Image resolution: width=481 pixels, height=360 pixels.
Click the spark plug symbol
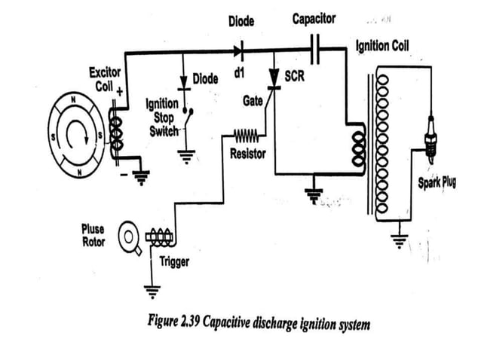pyautogui.click(x=430, y=140)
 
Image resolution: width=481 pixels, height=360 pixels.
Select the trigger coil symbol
pyautogui.click(x=160, y=238)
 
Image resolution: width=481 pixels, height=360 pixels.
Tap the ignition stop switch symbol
pyautogui.click(x=185, y=121)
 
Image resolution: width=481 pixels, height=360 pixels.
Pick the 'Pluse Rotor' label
pyautogui.click(x=94, y=234)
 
